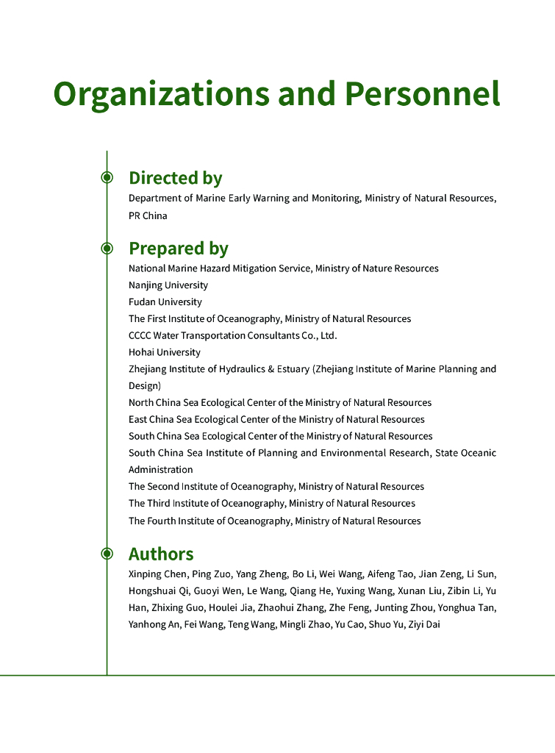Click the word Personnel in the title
[x=423, y=94]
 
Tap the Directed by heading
[x=175, y=178]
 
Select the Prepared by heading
[x=178, y=249]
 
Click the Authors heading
[x=161, y=554]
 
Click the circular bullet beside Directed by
[x=107, y=177]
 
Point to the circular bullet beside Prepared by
[x=107, y=249]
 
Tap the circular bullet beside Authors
[x=107, y=553]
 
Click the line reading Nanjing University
[x=168, y=285]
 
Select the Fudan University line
[x=165, y=302]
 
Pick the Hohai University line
[x=165, y=352]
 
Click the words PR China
[x=148, y=215]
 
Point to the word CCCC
[x=140, y=335]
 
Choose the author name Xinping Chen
[x=157, y=574]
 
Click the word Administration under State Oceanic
[x=161, y=470]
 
